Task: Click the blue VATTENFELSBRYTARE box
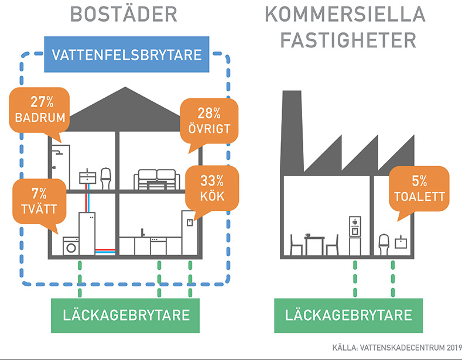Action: click(126, 56)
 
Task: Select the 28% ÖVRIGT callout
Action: click(209, 121)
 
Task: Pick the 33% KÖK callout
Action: click(212, 187)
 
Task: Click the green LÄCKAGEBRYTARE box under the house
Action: click(126, 314)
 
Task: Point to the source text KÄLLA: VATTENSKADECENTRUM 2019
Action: click(396, 347)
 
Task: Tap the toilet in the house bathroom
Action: click(106, 177)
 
